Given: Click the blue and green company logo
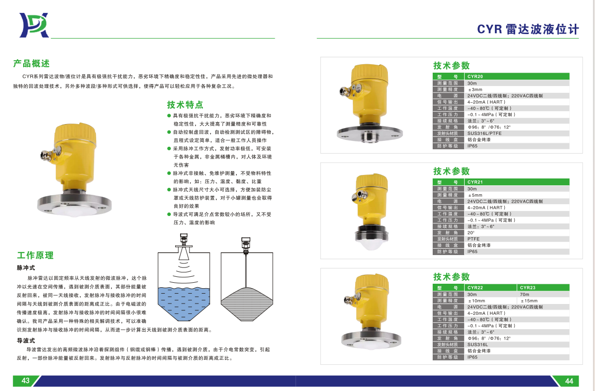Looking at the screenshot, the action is coord(34,25).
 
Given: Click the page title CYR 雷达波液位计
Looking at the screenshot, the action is coord(528,29).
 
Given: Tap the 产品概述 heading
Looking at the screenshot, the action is coord(32,63).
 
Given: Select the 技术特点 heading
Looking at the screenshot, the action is coord(185,105).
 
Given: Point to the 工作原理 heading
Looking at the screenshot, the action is coord(36,255).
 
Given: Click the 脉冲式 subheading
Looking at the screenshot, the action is coord(26,268).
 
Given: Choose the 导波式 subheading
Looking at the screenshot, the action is coord(26,341).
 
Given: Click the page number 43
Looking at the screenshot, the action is coord(25,381).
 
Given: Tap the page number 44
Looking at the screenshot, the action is coord(569,381).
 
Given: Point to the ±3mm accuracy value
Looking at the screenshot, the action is coord(475,89).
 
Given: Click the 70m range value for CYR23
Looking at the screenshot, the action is coord(524,295).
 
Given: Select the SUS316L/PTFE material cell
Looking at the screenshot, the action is coord(484,133).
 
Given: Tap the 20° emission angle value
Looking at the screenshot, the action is coord(471,233).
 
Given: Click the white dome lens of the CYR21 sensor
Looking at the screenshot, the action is coord(372,245).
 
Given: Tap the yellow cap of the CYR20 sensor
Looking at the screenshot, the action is coord(370,74).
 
